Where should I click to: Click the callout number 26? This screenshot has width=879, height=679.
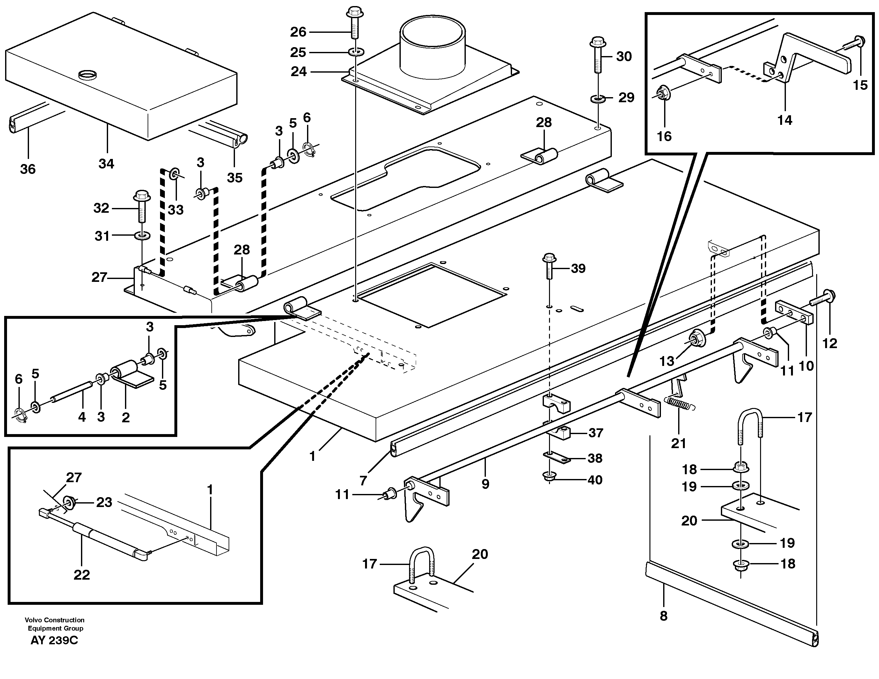298,32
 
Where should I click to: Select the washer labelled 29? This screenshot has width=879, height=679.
597,98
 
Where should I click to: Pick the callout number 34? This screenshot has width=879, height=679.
106,164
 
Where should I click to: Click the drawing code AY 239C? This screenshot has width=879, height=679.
54,640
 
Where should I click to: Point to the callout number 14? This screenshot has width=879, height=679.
784,120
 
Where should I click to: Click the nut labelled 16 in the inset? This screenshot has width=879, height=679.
661,94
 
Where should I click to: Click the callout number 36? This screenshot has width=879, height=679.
28,169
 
